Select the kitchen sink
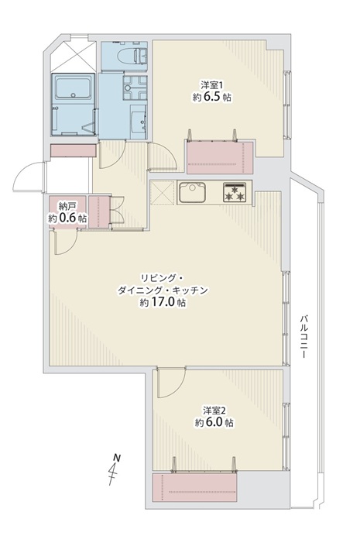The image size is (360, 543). coord(192,193)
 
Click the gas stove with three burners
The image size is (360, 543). coord(235,192)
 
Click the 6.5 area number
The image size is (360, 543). coord(212,97)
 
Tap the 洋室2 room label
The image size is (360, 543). coord(214,411)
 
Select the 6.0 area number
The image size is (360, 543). coord(214,422)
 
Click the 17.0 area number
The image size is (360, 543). coord(163,302)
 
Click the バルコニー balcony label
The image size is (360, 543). coord(303,336)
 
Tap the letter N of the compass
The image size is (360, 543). coord(118,458)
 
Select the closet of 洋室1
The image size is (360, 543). coord(220,157)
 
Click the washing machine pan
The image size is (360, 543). coord(135,88)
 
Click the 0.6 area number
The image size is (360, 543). coord(67,218)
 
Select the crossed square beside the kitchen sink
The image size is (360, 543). coord(163,193)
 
